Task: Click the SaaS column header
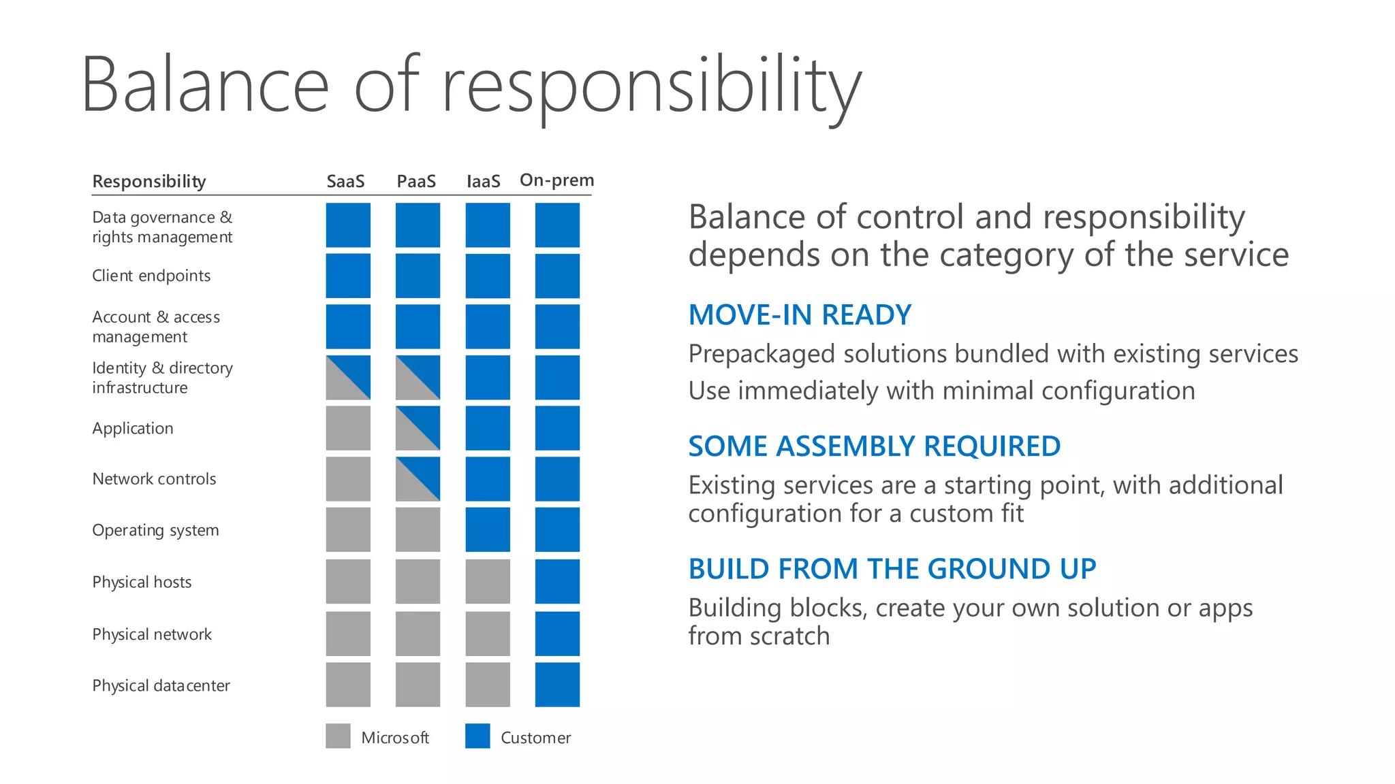tap(345, 181)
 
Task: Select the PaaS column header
tap(416, 181)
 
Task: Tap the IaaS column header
tap(484, 181)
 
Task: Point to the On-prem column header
tap(557, 180)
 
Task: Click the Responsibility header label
tap(149, 181)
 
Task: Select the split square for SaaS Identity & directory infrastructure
tap(348, 377)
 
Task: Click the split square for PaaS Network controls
tap(418, 478)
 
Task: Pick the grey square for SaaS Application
tap(348, 428)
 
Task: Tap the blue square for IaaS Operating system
tap(488, 529)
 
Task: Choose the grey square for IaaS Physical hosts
tap(488, 581)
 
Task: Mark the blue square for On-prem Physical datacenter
tap(557, 685)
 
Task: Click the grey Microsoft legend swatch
tap(338, 736)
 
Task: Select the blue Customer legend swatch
tap(477, 736)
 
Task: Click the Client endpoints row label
tap(151, 276)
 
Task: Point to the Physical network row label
tap(152, 634)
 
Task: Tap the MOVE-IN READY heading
tap(800, 315)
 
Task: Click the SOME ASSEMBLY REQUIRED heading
tap(874, 446)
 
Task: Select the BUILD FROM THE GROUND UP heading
tap(892, 569)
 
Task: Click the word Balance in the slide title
tap(205, 85)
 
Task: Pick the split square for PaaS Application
tap(418, 428)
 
